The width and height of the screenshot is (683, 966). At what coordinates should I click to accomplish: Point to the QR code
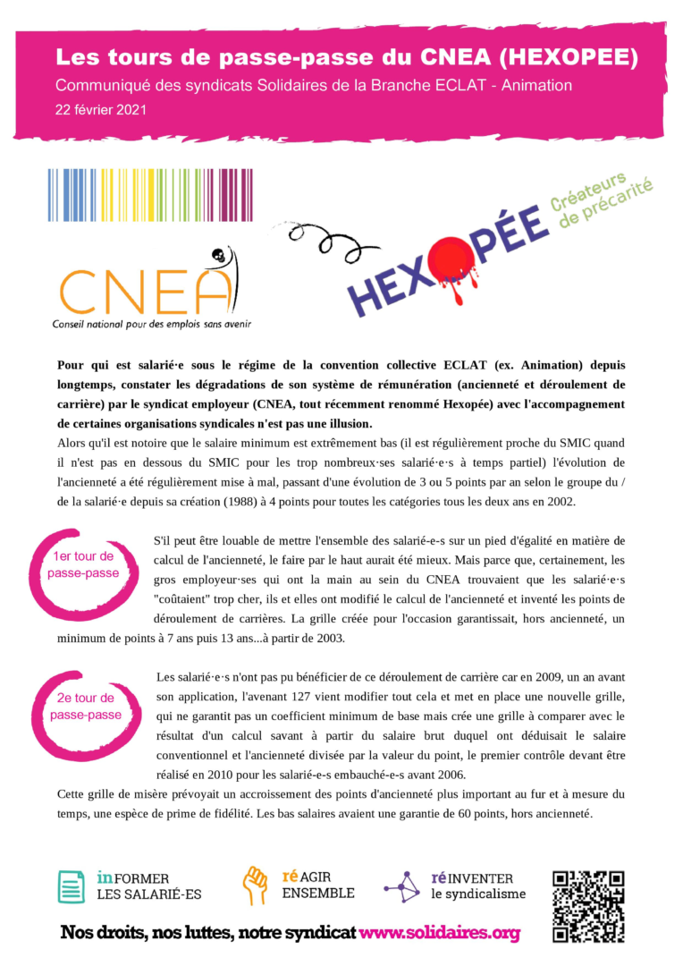pyautogui.click(x=587, y=905)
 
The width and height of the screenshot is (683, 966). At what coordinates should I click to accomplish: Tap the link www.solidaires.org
pyautogui.click(x=439, y=933)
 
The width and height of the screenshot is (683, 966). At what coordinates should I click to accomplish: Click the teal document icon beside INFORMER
pyautogui.click(x=71, y=886)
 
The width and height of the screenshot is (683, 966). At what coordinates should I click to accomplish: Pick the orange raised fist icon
pyautogui.click(x=256, y=885)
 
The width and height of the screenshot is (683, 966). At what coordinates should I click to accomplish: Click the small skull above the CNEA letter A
pyautogui.click(x=215, y=257)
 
